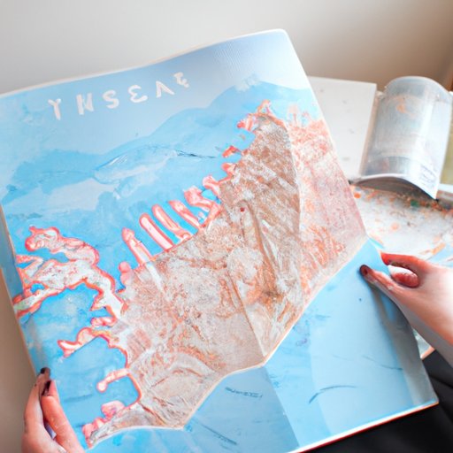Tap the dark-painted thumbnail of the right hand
coord(364,271)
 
